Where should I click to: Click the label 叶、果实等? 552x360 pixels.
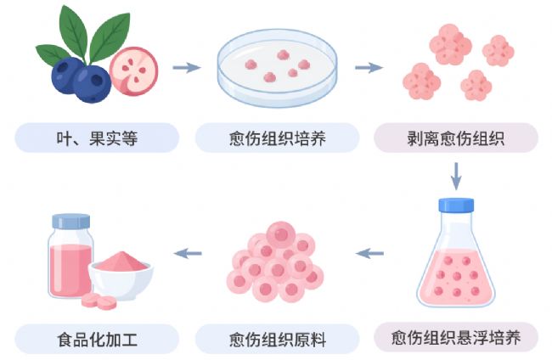97,138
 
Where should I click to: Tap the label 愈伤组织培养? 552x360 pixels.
278,138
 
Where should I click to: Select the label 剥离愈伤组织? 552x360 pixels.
456,138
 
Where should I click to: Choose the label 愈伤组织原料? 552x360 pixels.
278,340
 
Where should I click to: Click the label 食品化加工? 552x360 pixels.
97,340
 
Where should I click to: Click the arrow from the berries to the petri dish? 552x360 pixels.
187,68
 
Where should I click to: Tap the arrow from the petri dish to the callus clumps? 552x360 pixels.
369,68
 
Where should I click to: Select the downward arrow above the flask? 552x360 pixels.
456,176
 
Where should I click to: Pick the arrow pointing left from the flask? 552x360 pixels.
369,253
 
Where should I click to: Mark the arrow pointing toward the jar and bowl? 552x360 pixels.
188,253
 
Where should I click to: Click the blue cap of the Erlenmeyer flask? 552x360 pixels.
456,205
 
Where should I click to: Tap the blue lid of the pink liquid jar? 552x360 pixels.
71,222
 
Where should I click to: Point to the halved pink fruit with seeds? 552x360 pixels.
134,71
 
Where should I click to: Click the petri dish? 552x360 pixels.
278,68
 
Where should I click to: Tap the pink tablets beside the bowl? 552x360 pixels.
99,301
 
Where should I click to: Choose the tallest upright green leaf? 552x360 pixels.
73,33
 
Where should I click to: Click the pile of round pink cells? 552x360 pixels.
275,262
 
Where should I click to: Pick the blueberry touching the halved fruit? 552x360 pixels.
92,84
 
